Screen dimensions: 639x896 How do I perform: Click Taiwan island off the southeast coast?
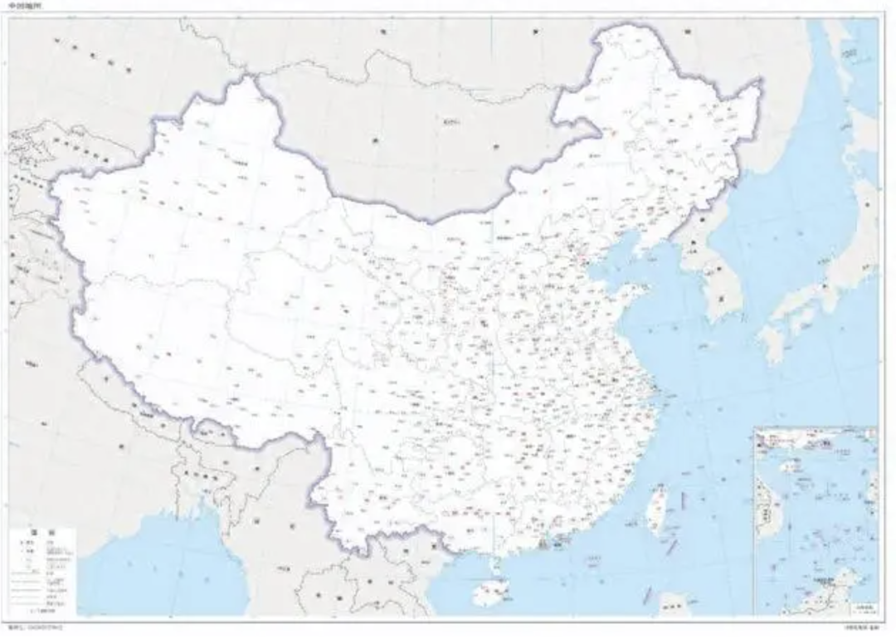coord(657,508)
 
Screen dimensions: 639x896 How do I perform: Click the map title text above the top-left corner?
coord(23,6)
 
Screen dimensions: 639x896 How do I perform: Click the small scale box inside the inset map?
coord(863,607)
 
